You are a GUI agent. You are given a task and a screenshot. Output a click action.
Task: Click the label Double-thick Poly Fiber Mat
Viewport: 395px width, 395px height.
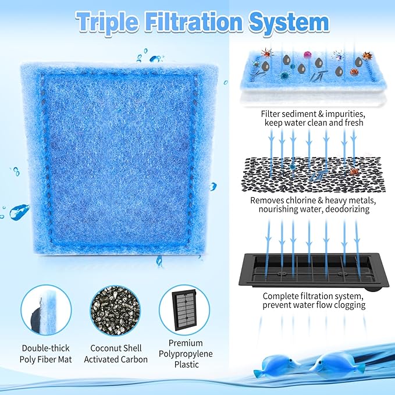[x=46, y=354]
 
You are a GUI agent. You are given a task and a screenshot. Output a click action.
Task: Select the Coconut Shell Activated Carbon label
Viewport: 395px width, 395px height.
[x=116, y=354]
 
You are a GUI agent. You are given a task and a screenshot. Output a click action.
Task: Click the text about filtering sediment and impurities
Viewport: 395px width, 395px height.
[x=312, y=118]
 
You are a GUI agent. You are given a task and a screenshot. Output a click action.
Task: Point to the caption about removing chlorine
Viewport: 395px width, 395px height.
[x=314, y=204]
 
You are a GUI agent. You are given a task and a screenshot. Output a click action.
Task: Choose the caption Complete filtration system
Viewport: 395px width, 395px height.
[x=314, y=300]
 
